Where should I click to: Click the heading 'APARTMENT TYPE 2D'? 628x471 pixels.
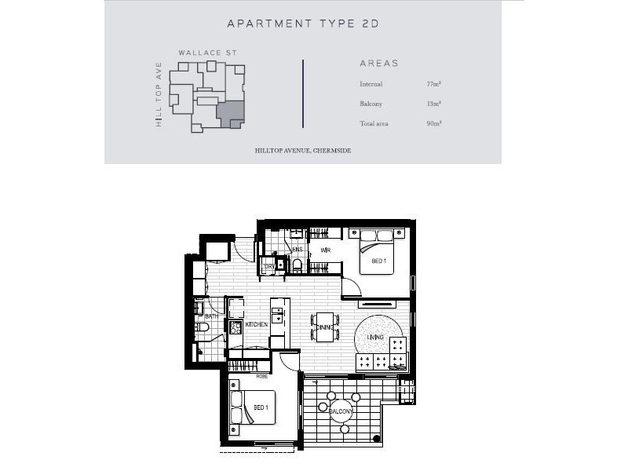click(x=303, y=24)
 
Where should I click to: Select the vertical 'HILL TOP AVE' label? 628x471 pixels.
click(x=159, y=94)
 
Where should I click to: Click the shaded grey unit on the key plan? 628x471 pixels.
click(x=229, y=114)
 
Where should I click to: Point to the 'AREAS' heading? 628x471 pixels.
click(x=379, y=64)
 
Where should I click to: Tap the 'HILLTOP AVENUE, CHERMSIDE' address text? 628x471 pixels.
click(x=303, y=149)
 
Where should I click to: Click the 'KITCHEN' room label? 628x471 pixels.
click(x=257, y=324)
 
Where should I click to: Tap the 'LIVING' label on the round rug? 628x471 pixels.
click(x=375, y=338)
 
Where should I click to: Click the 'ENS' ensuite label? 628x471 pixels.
click(x=298, y=250)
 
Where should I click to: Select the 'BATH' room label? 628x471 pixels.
click(x=211, y=316)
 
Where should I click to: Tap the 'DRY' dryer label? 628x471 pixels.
click(x=269, y=267)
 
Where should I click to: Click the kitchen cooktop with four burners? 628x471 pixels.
click(x=235, y=327)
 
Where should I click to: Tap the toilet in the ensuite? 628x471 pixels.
click(x=297, y=265)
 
